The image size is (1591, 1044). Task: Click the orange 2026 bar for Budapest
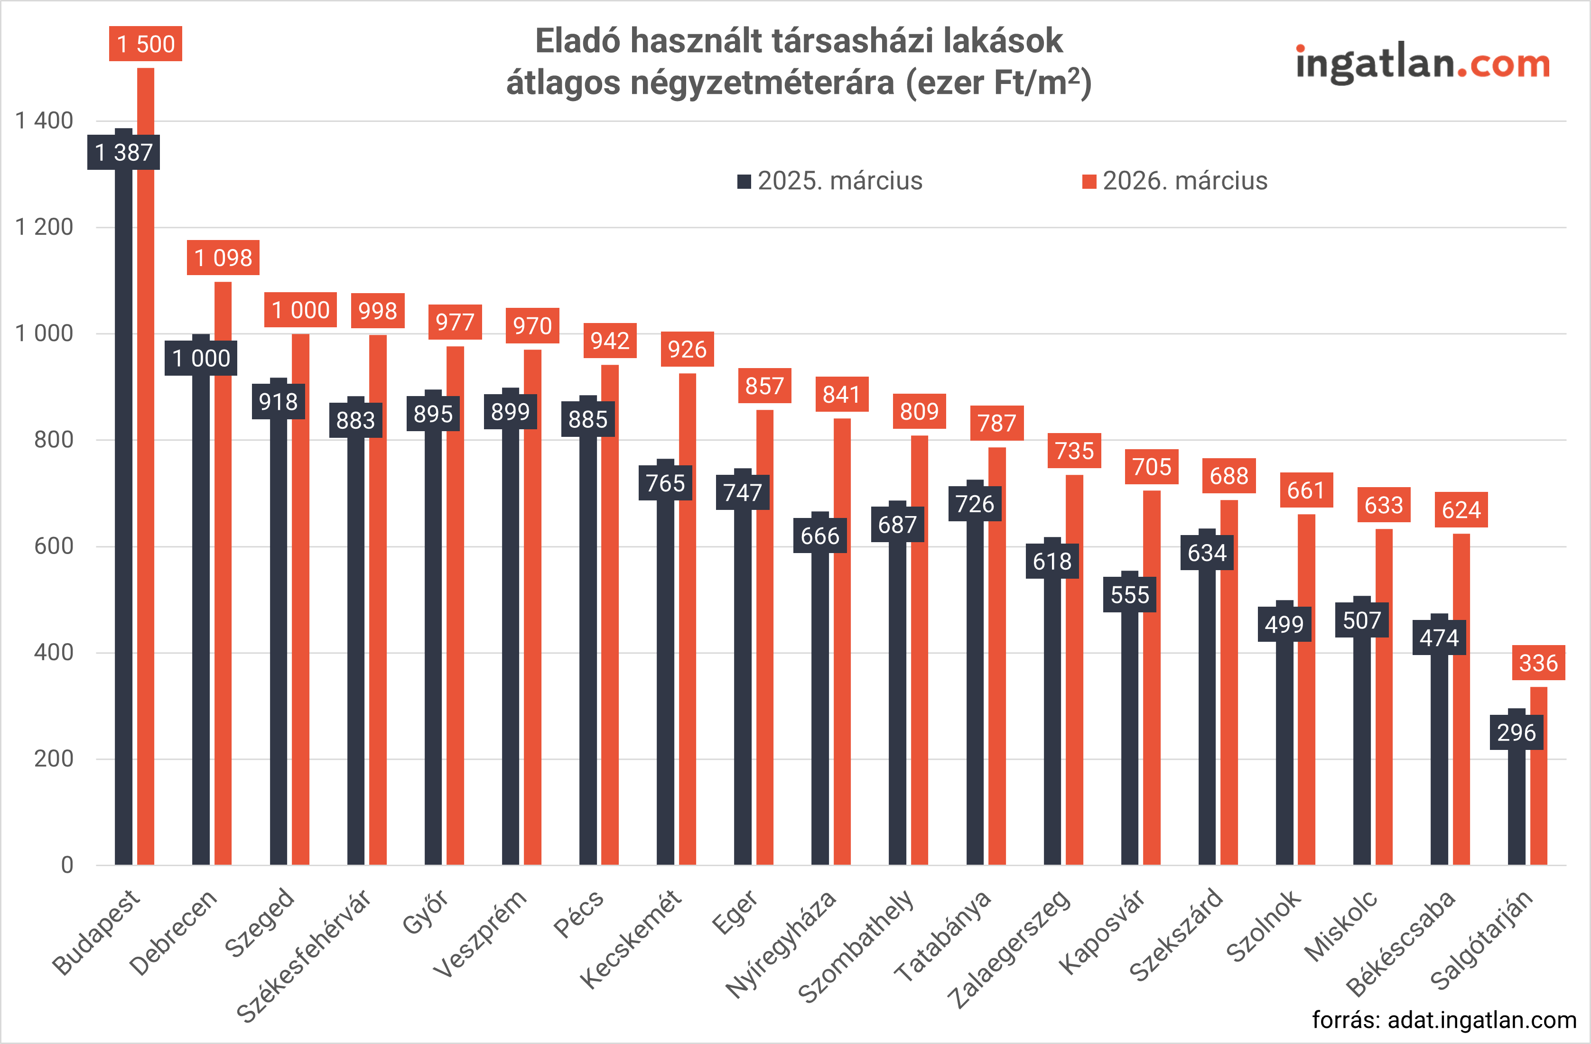point(146,468)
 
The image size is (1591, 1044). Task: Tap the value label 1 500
point(146,44)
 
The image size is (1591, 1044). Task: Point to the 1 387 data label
point(124,152)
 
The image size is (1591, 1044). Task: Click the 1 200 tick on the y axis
point(44,227)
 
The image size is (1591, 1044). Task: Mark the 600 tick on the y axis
point(54,546)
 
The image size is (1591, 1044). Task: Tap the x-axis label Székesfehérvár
point(304,956)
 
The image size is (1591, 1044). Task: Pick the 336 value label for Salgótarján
point(1538,663)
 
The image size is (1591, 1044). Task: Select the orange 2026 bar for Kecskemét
point(687,621)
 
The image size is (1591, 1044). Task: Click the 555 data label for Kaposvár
point(1130,595)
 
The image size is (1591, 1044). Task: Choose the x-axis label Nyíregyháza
point(781,944)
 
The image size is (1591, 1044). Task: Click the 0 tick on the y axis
point(67,865)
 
